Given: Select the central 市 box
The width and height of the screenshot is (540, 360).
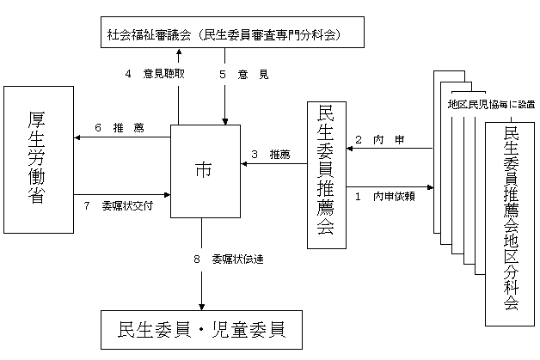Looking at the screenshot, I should [x=203, y=170].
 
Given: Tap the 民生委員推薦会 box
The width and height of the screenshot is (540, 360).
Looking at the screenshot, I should [x=327, y=176].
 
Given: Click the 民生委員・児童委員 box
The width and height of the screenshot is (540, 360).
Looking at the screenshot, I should [x=203, y=330].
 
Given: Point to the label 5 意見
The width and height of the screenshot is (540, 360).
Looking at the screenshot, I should [x=244, y=75].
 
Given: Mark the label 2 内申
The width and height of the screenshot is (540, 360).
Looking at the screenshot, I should [x=374, y=139].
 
